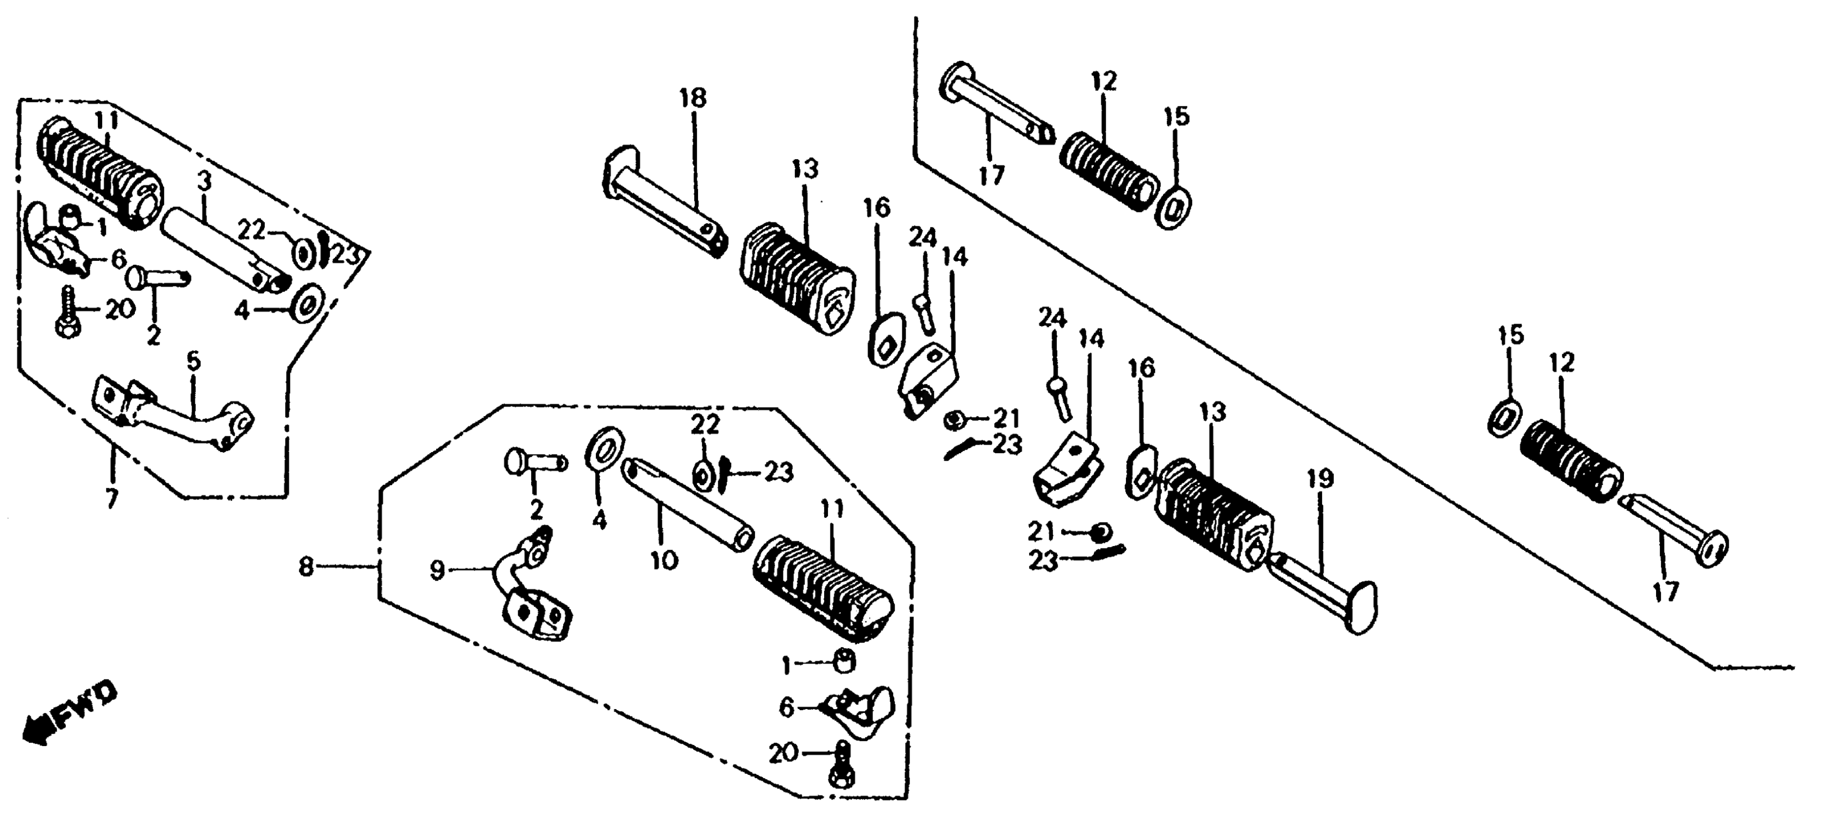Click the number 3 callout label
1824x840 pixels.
pos(204,182)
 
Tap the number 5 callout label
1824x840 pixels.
pos(193,362)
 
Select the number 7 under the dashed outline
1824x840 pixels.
pos(112,498)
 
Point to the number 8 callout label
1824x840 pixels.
pos(305,567)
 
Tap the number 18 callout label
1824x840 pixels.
pos(693,98)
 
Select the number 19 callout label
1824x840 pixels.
pos(1321,479)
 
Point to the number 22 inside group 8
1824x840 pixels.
pos(705,425)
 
